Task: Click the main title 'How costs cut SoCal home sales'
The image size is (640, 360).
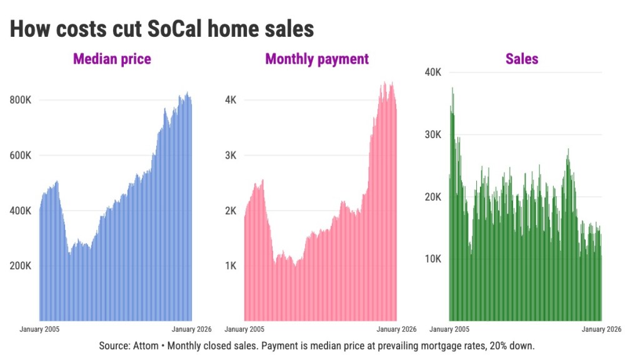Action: pyautogui.click(x=161, y=29)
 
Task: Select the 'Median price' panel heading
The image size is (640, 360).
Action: pyautogui.click(x=112, y=59)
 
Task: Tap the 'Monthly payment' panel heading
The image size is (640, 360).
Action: pyautogui.click(x=317, y=59)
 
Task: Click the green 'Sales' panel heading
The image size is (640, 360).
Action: pyautogui.click(x=522, y=59)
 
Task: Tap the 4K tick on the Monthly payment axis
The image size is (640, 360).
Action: pyautogui.click(x=231, y=100)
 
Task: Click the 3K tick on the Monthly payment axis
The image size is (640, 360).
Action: pyautogui.click(x=231, y=156)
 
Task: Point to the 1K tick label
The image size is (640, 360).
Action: pyautogui.click(x=231, y=266)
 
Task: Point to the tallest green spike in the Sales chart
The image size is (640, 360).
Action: pyautogui.click(x=452, y=89)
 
